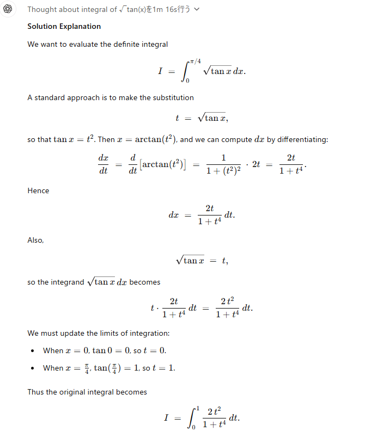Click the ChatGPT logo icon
[x=8, y=9]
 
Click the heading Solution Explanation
[x=64, y=26]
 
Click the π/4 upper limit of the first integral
[x=194, y=61]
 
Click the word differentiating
[x=302, y=139]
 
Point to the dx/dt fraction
[x=103, y=163]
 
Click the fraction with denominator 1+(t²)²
[x=223, y=163]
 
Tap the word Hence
[x=38, y=190]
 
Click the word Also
[x=35, y=240]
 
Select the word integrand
[x=68, y=282]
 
